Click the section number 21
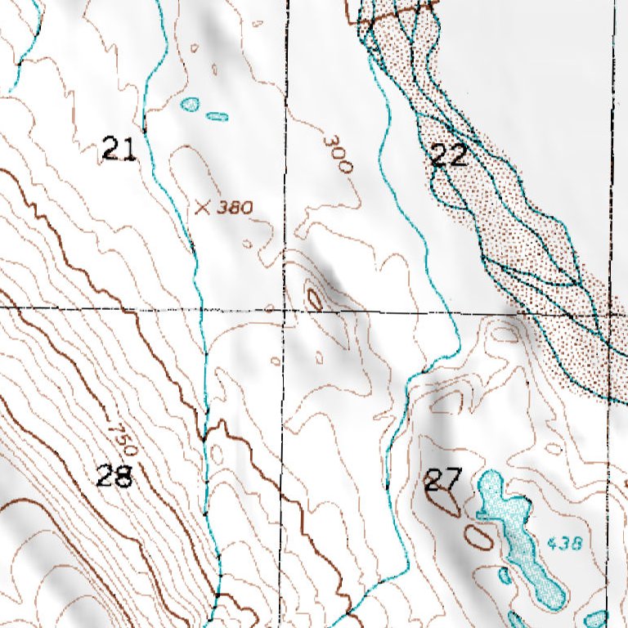coord(119,150)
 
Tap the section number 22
coord(449,155)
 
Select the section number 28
coord(114,477)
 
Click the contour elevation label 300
coord(336,154)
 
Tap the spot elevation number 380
coord(234,208)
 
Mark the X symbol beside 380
coord(204,207)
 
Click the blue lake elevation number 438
coord(563,542)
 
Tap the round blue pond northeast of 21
coord(190,105)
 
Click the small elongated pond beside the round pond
coord(217,116)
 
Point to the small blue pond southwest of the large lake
coord(504,575)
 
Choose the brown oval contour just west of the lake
coord(479,536)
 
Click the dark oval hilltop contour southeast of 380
coord(314,298)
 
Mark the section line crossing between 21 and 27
coord(285,310)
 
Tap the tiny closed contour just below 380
coord(249,243)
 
